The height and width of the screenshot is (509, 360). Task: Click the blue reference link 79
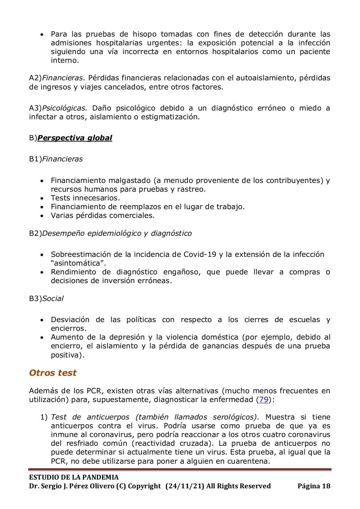pos(263,400)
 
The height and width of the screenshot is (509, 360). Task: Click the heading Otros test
pos(52,373)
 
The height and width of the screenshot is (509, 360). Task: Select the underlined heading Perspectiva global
pos(75,138)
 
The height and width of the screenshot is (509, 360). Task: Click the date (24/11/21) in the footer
pos(184,486)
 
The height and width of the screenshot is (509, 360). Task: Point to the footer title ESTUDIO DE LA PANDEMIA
pos(74,477)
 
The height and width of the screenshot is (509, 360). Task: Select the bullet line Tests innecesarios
pos(85,198)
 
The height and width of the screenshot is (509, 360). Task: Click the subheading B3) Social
pos(46,298)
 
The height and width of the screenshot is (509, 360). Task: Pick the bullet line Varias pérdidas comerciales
pos(102,216)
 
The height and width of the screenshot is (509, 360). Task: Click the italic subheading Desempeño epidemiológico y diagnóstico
pos(116,233)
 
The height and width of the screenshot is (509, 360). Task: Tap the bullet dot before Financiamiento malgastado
pos(42,181)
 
